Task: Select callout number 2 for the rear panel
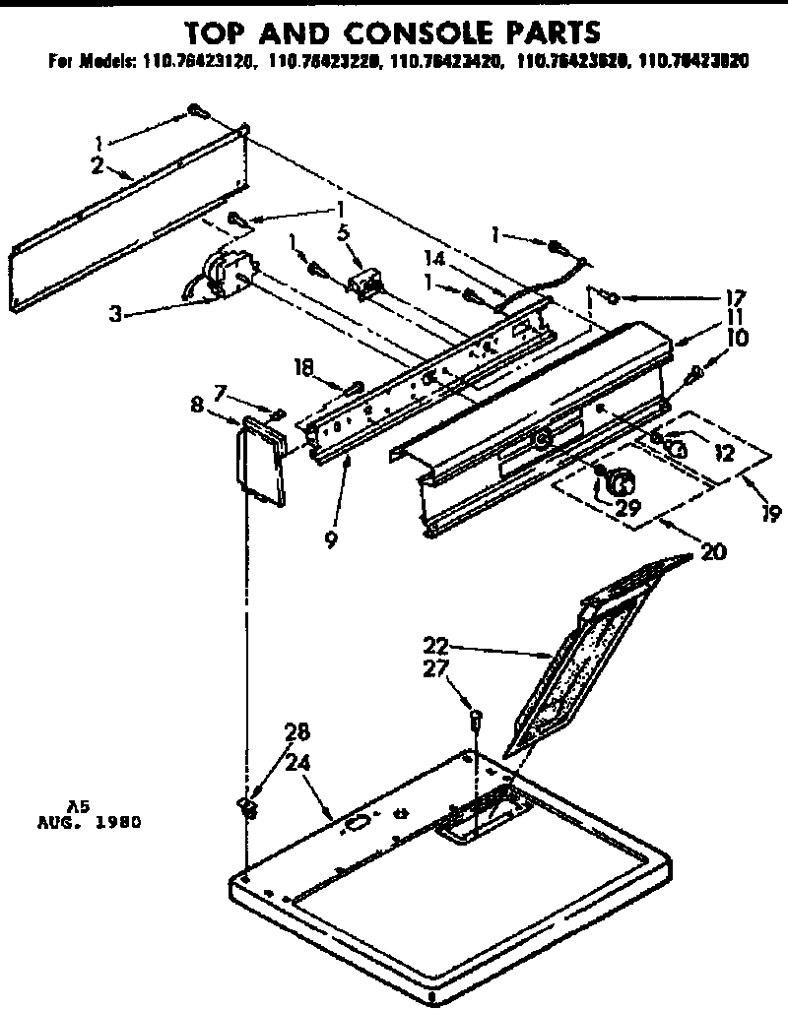click(98, 164)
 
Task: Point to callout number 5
click(343, 234)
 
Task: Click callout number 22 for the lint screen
click(436, 647)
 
